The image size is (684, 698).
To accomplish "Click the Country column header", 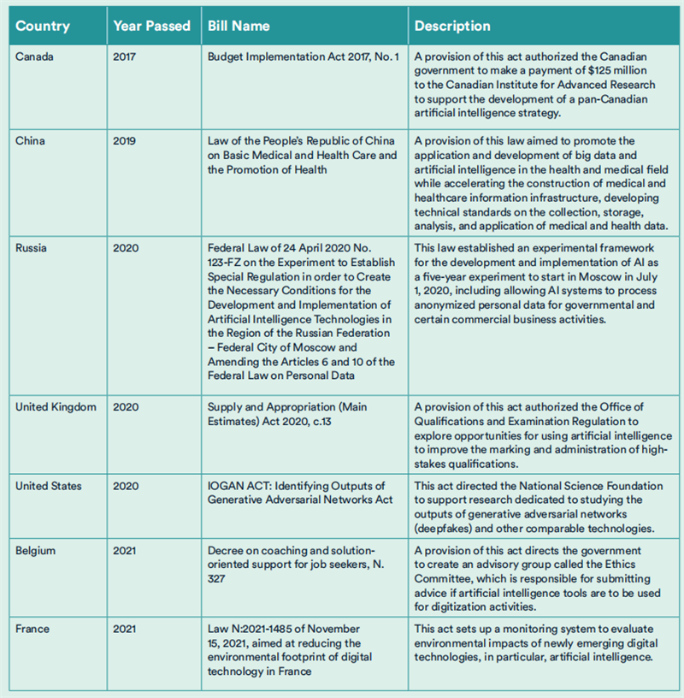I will click(x=43, y=26).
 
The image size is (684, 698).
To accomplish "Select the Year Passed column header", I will click(x=151, y=26).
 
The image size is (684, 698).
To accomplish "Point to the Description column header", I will click(x=452, y=26).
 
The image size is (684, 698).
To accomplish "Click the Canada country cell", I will click(x=34, y=58).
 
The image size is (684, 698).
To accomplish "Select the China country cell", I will click(x=30, y=140).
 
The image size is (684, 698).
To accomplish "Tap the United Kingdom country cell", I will click(x=56, y=407).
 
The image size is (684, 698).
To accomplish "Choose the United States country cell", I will click(x=49, y=486).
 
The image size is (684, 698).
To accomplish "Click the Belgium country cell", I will click(x=36, y=551).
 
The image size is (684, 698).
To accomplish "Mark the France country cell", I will click(x=32, y=629).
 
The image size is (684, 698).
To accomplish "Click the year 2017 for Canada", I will click(x=124, y=58).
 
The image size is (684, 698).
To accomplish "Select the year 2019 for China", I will click(x=124, y=140).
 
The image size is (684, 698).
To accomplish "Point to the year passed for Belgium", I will click(x=124, y=551).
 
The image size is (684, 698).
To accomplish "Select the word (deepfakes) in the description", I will click(x=445, y=513).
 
